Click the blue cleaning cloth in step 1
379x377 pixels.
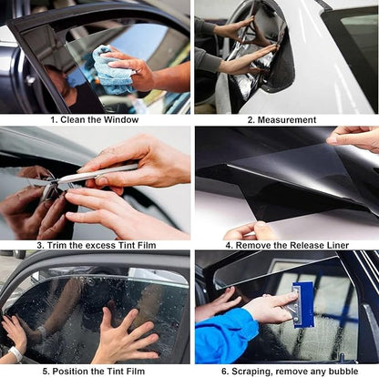click(112, 69)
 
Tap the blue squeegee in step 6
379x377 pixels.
click(302, 301)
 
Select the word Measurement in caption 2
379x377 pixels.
click(290, 119)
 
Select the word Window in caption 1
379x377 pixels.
click(121, 119)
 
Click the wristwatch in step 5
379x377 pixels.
click(15, 353)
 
